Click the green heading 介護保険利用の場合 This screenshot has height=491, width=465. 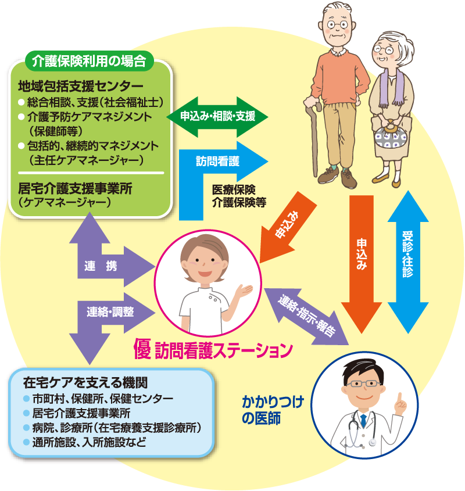click(x=89, y=61)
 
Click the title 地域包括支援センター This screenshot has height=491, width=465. click(x=81, y=86)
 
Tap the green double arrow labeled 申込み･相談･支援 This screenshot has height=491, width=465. click(x=217, y=117)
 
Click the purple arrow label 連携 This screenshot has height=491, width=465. click(x=101, y=266)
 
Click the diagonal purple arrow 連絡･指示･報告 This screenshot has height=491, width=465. click(x=306, y=317)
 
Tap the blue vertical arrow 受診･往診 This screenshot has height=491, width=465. click(x=408, y=262)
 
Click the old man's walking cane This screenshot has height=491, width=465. click(x=314, y=138)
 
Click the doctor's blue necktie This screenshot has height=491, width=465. click(x=363, y=420)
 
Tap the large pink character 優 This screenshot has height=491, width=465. click(x=142, y=349)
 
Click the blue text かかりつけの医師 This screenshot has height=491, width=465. click(x=273, y=410)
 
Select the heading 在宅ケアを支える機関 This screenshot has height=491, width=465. click(x=85, y=382)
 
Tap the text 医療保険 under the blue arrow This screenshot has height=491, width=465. click(x=234, y=189)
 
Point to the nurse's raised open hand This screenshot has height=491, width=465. click(x=244, y=291)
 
